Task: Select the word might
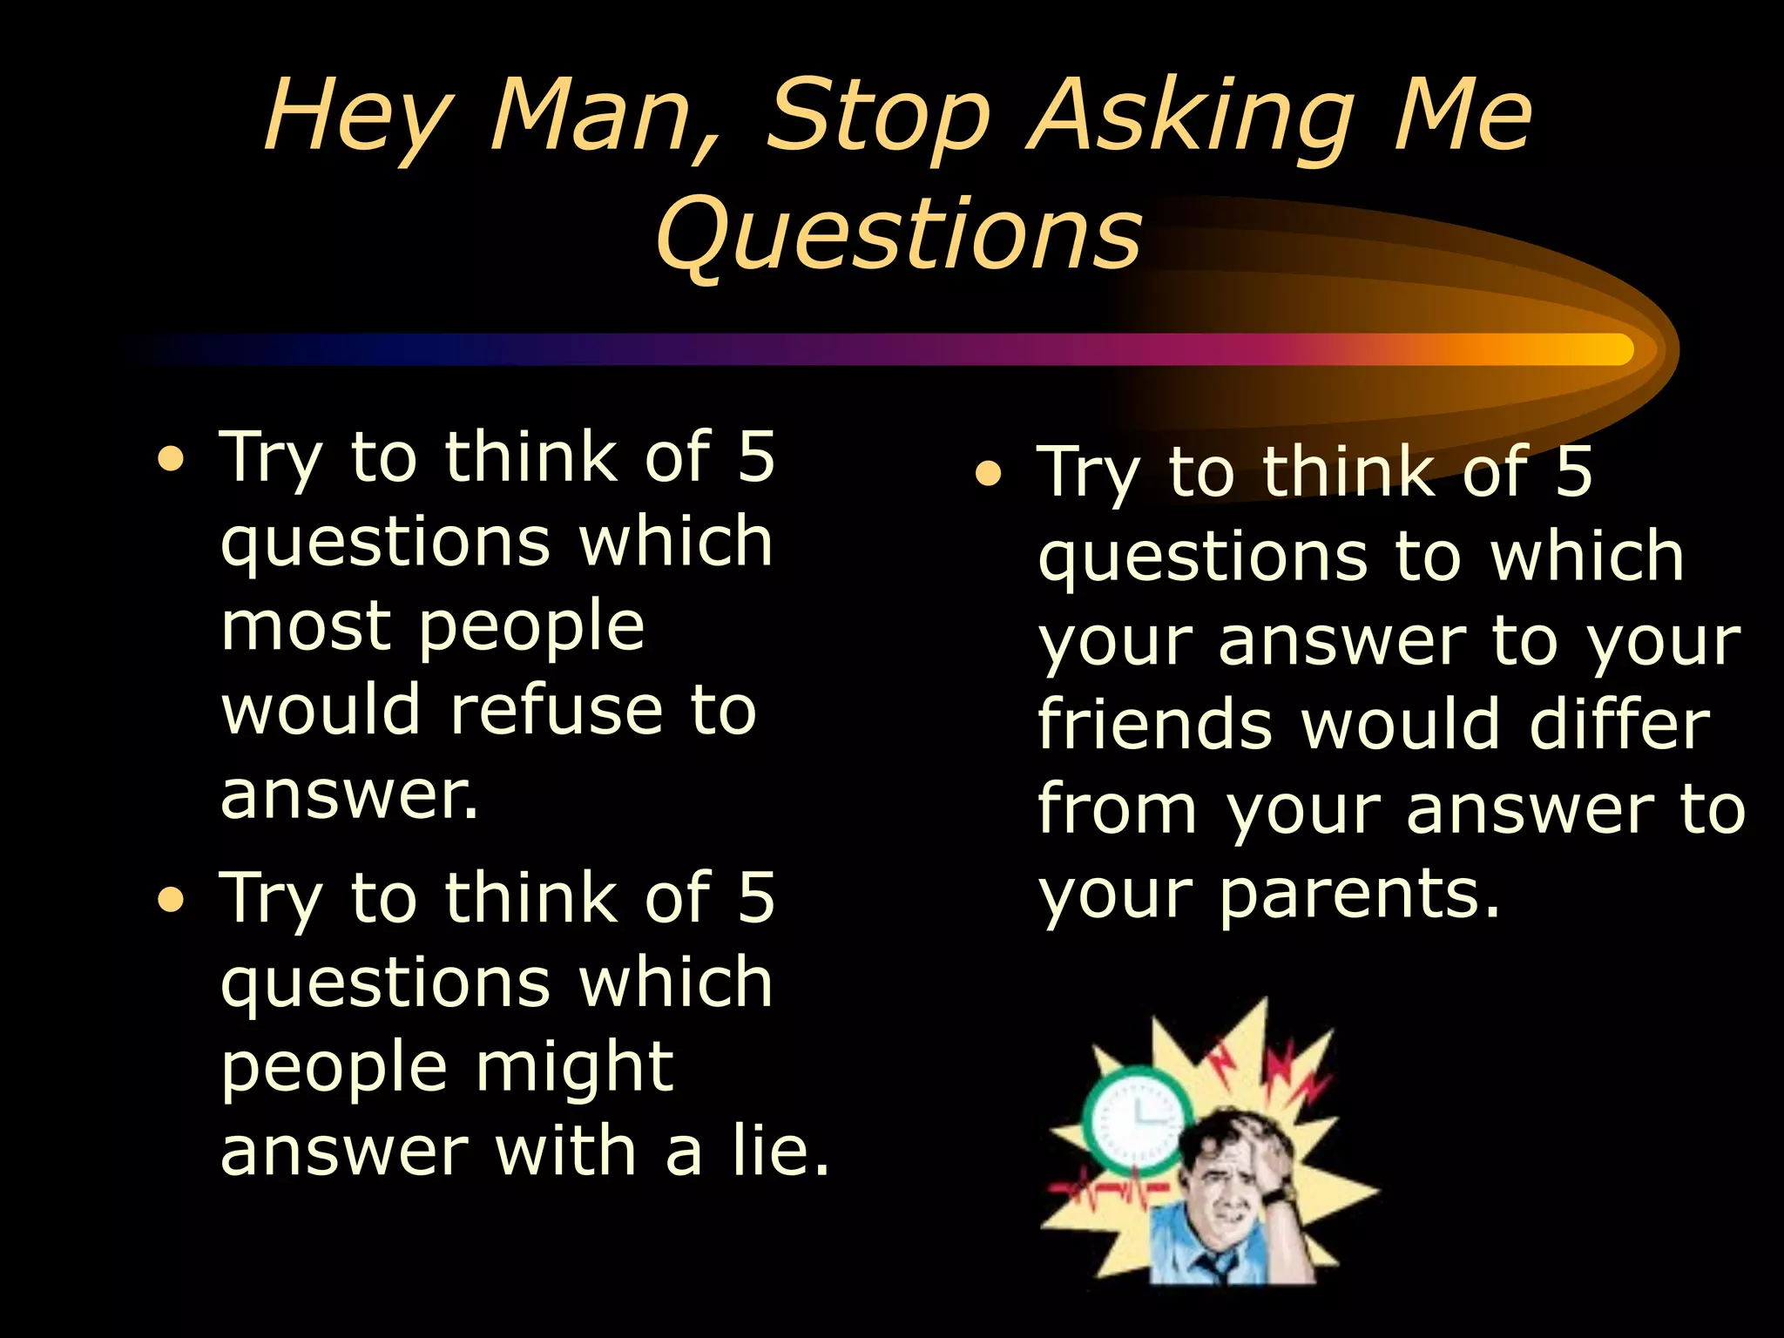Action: point(574,1066)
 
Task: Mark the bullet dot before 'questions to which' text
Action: point(988,475)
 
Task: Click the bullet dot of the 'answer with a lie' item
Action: point(172,900)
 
